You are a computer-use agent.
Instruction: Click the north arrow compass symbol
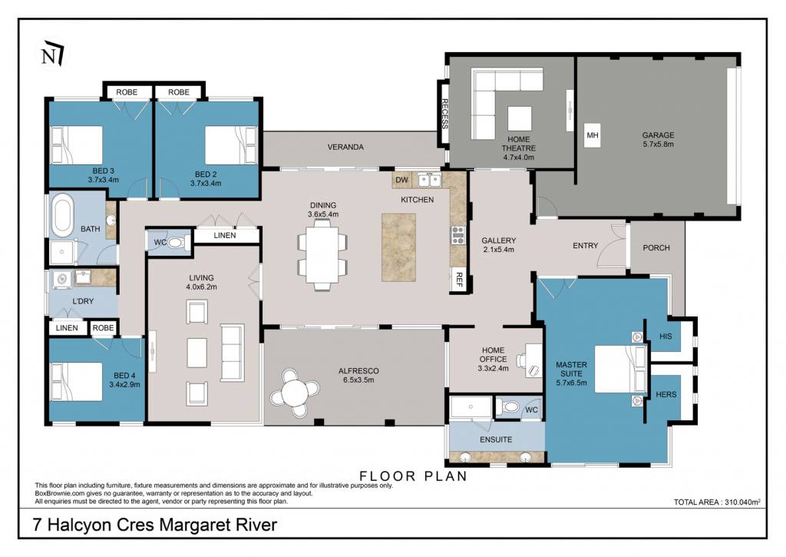coord(53,53)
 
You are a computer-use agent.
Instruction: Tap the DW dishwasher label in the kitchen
coord(402,180)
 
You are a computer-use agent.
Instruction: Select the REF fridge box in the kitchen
coord(458,278)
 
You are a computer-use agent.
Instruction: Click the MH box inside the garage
coord(593,135)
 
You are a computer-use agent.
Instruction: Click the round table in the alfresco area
coord(295,393)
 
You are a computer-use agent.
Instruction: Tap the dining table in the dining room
coord(322,255)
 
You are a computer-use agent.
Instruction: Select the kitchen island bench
coord(398,247)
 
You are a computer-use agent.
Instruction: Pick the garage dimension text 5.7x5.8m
coord(658,144)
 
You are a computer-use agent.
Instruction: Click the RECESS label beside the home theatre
coord(444,114)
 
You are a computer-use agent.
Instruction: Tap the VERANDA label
coord(345,147)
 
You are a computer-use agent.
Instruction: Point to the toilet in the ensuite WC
coord(510,406)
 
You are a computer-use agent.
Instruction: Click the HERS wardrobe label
coord(666,394)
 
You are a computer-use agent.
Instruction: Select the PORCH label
coord(656,248)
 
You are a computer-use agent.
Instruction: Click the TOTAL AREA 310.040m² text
coord(718,502)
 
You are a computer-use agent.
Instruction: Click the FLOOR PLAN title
coord(414,476)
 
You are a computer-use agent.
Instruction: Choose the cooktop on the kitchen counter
coord(458,235)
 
